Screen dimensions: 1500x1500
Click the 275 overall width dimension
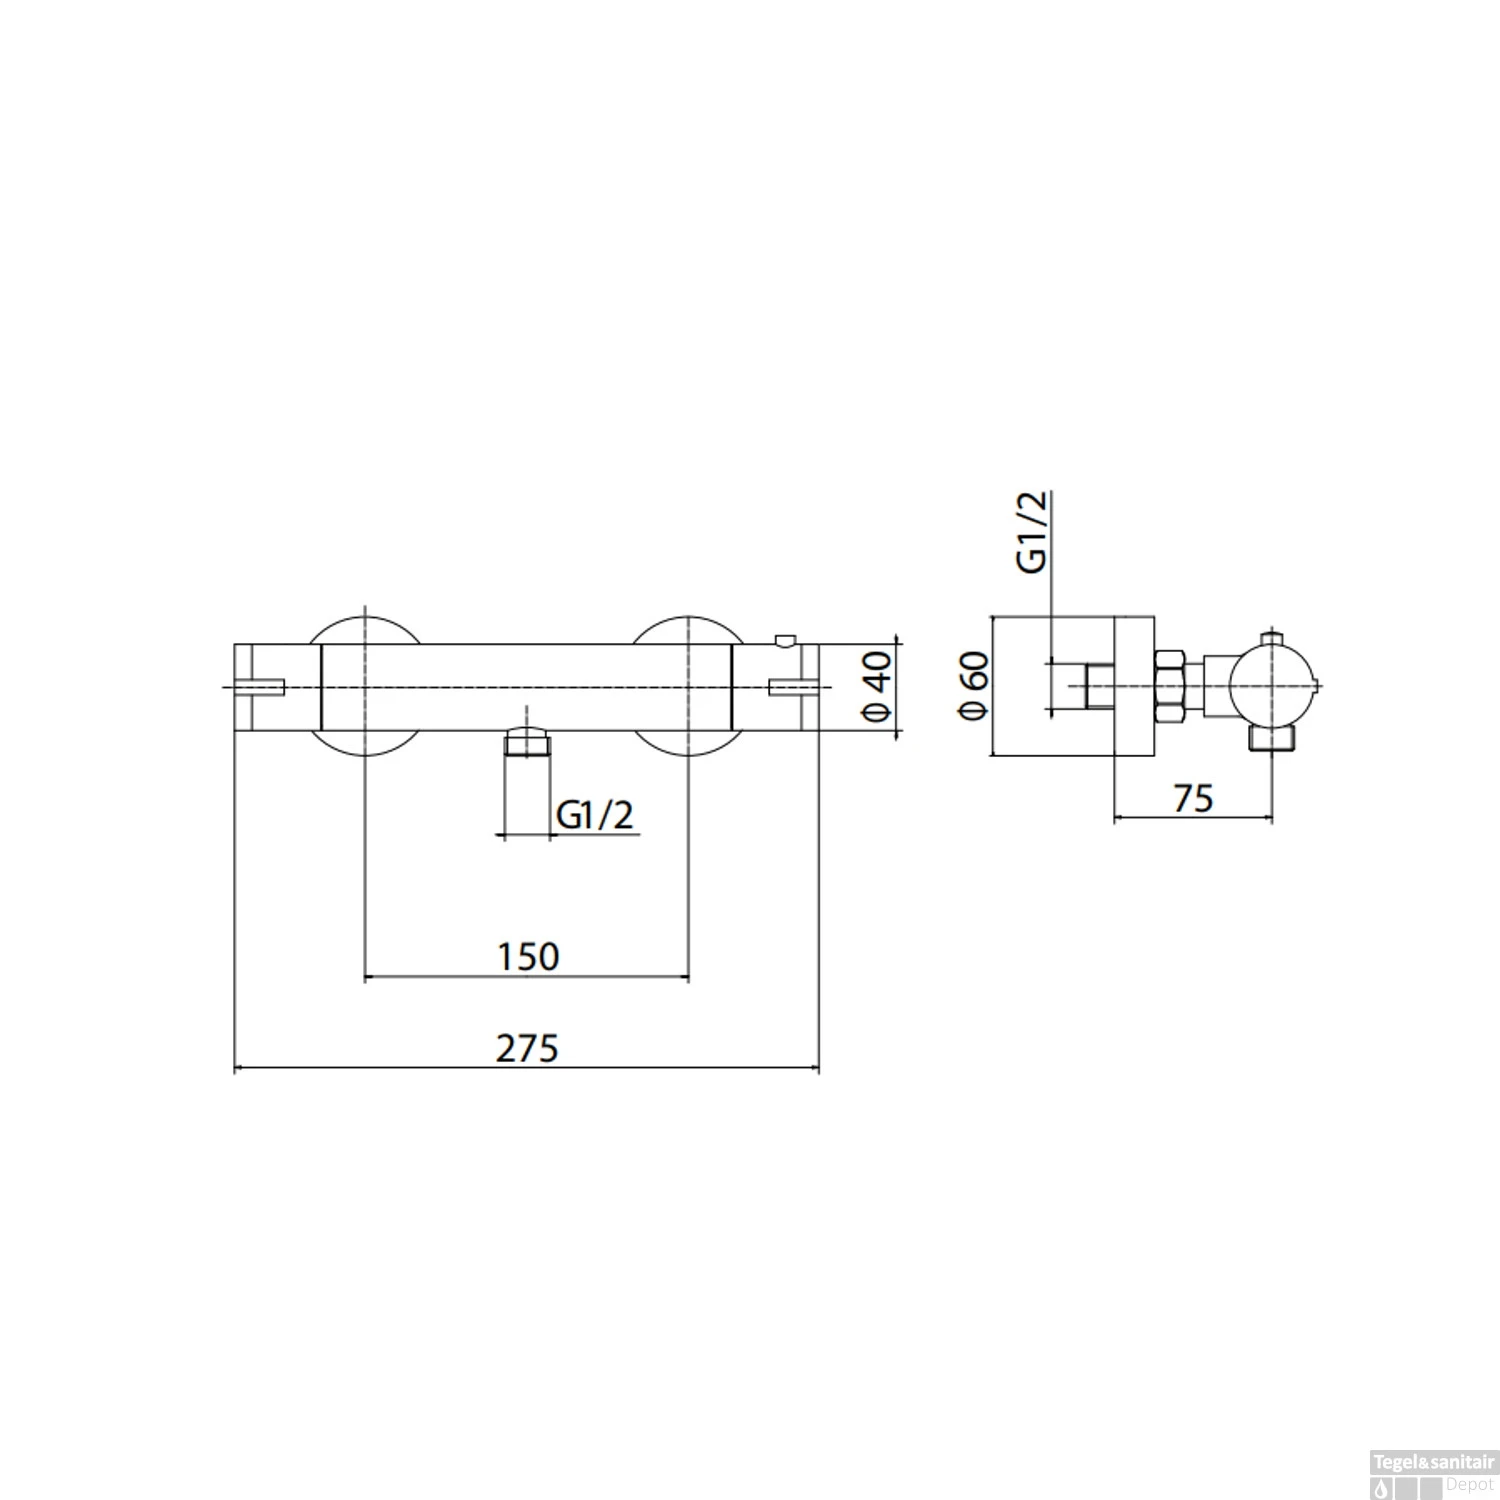527,1049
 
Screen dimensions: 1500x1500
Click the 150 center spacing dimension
528,956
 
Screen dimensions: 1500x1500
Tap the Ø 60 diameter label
973,685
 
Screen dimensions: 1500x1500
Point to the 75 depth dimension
1192,798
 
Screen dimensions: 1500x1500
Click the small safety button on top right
787,640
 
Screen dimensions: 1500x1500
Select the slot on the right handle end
792,686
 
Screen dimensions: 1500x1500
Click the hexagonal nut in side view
1169,685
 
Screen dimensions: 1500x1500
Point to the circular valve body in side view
1271,686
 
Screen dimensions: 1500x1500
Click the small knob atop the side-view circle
1271,638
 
